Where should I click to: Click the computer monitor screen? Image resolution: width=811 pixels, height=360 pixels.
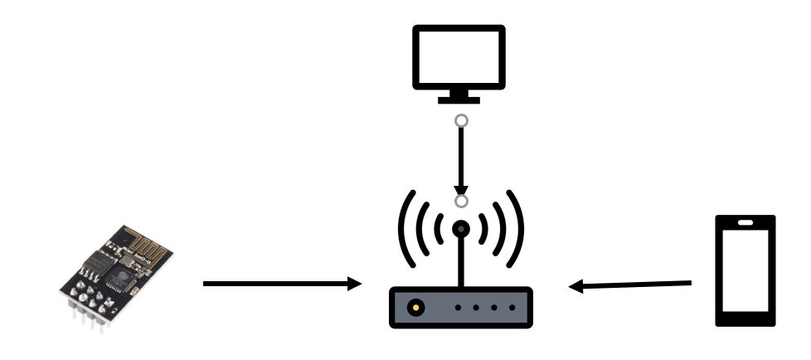459,56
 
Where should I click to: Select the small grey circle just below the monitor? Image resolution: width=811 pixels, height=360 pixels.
462,121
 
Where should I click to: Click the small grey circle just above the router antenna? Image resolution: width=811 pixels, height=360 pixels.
462,201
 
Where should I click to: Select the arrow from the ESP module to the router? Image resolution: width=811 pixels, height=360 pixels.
282,285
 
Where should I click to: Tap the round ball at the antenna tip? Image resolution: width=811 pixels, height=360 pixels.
462,228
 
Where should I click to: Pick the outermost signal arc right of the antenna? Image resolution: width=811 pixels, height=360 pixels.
520,225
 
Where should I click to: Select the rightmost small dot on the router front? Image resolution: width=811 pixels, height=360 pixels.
512,308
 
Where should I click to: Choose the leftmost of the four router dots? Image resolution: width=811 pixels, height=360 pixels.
458,308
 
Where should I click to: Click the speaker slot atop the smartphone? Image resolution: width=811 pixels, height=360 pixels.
745,222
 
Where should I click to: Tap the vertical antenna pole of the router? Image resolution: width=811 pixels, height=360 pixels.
462,261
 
